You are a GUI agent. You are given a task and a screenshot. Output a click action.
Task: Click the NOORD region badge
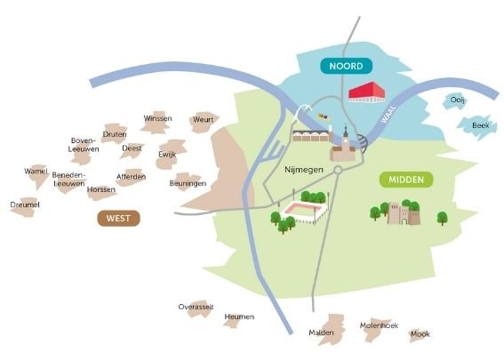[346, 66]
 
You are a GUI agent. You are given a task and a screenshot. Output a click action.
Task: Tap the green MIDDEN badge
[406, 180]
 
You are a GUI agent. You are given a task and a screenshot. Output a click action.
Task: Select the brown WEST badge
[118, 219]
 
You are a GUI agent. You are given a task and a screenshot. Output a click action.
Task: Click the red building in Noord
[367, 92]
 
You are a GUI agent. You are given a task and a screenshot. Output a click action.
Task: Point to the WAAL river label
[388, 115]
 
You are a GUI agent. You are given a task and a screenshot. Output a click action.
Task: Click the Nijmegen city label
[304, 170]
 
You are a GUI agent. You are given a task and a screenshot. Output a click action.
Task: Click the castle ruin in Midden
[404, 213]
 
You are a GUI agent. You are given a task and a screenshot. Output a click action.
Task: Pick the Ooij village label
[457, 100]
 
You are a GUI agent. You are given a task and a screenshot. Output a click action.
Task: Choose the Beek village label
[481, 125]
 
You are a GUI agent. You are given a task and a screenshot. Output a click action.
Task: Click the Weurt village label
[203, 120]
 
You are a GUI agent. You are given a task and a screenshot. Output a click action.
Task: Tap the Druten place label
[115, 134]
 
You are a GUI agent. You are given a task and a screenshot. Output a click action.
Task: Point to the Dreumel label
[25, 204]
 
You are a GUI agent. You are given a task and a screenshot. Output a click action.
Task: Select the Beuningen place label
[188, 183]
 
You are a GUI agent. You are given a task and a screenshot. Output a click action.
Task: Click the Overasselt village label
[196, 307]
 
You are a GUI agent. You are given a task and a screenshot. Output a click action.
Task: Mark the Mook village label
[420, 334]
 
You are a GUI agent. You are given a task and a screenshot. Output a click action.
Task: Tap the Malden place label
[321, 332]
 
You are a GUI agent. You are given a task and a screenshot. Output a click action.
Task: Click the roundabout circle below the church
[338, 170]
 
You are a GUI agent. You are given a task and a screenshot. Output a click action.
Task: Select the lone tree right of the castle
[443, 219]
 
